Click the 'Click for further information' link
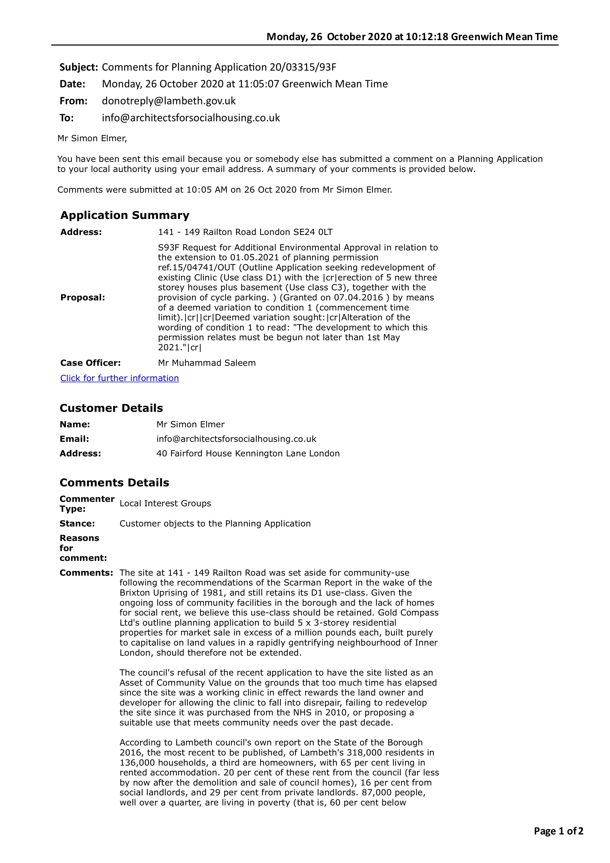(120, 378)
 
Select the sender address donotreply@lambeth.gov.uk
(169, 101)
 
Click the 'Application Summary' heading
(125, 215)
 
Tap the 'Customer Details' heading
(111, 408)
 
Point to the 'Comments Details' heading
(114, 483)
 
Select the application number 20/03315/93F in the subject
(303, 67)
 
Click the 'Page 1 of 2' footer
(559, 831)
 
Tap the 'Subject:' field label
(78, 67)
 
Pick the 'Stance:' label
(77, 524)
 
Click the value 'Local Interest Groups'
(165, 504)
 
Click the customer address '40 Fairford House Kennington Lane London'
(248, 454)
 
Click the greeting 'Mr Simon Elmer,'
(92, 138)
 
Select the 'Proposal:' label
(83, 298)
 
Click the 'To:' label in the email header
(66, 118)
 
